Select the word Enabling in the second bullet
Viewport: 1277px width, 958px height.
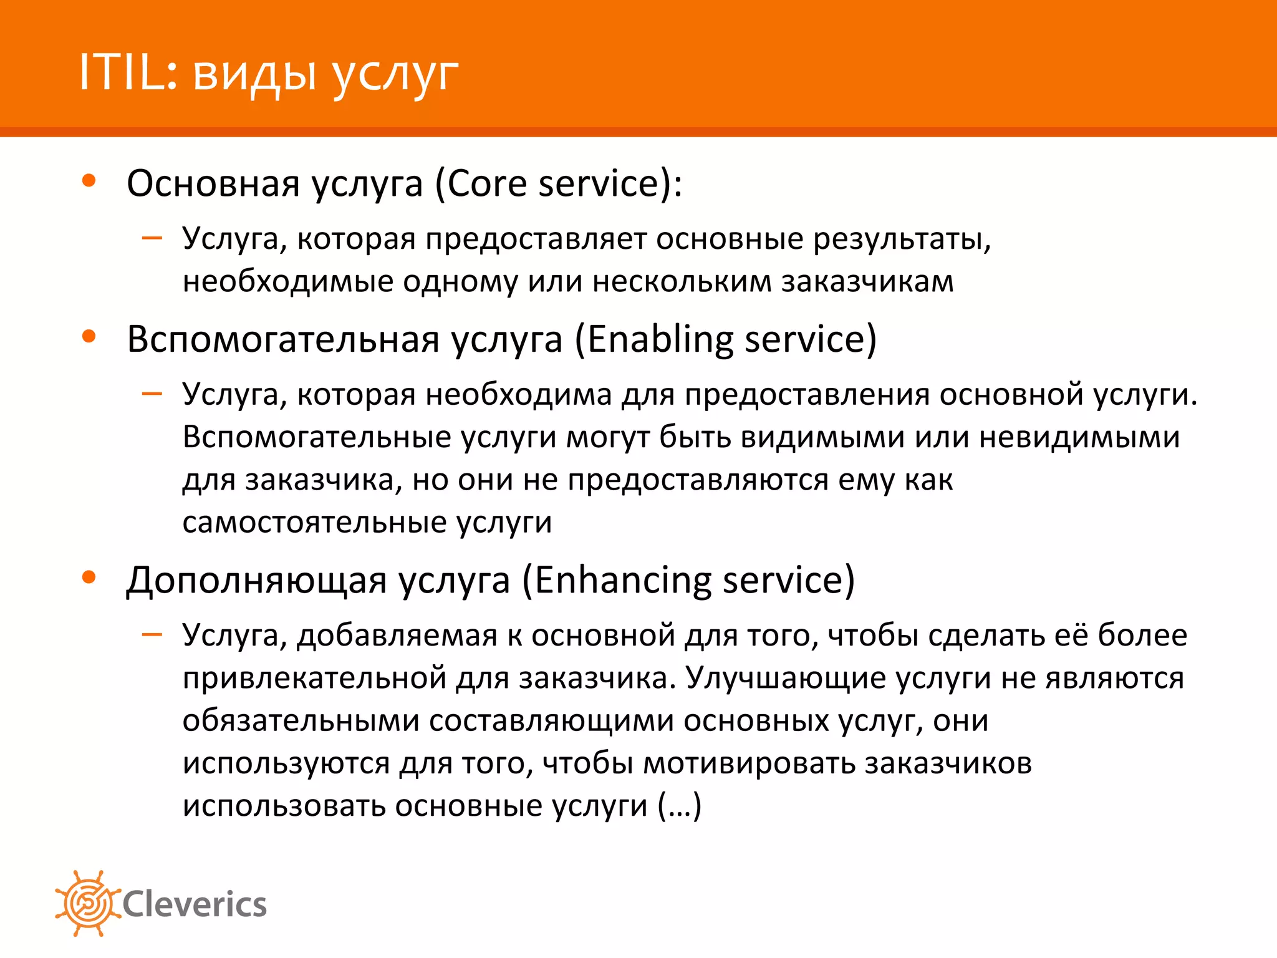tap(660, 339)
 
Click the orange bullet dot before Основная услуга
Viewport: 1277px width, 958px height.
tap(89, 181)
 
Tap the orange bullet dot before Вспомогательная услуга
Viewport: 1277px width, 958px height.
tap(89, 337)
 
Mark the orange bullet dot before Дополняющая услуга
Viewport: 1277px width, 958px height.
tap(89, 578)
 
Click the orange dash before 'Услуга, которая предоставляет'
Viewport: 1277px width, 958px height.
tap(152, 238)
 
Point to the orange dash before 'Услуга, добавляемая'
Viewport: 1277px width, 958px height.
tap(152, 635)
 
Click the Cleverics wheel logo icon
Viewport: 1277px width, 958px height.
tap(87, 903)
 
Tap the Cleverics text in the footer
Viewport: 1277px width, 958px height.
tap(195, 904)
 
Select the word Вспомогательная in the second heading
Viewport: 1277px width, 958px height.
tap(283, 339)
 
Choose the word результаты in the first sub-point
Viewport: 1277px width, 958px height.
tap(901, 239)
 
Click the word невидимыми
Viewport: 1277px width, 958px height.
tap(1079, 437)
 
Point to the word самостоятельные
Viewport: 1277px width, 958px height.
tap(314, 522)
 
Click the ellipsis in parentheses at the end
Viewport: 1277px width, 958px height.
tap(680, 806)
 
